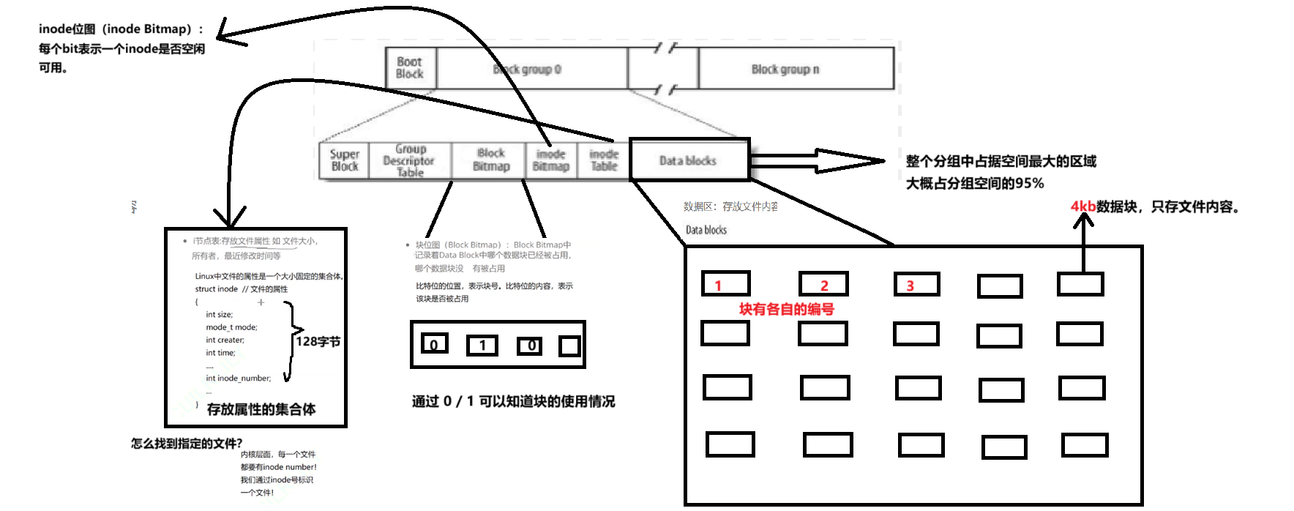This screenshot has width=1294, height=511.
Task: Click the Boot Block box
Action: pos(410,68)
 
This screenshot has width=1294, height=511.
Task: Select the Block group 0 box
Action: pos(531,69)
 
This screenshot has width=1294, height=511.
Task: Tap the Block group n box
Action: pos(796,69)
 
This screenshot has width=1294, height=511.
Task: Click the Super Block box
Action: pos(344,160)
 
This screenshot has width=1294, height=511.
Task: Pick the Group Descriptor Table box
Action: pos(410,160)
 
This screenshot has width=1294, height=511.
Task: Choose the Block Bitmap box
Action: pos(490,160)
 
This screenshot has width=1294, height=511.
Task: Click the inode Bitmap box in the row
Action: pos(551,160)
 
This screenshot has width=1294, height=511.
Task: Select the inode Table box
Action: pos(604,160)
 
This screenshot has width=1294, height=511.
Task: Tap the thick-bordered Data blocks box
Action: pos(689,160)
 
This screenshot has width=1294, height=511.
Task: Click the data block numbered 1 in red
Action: pos(725,283)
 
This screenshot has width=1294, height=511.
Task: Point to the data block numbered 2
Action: pos(823,284)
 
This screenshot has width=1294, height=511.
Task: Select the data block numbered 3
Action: pos(916,284)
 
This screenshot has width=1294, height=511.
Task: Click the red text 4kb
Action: pos(1082,206)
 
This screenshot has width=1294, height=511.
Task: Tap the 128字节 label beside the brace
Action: pos(318,341)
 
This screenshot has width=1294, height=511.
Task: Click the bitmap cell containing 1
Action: pos(482,345)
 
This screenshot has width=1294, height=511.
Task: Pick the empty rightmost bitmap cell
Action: pos(569,346)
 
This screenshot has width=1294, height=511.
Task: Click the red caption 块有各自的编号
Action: pos(786,309)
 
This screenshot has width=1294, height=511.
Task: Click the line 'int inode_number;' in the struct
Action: pos(238,378)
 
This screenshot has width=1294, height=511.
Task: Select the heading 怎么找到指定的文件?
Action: pos(187,444)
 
